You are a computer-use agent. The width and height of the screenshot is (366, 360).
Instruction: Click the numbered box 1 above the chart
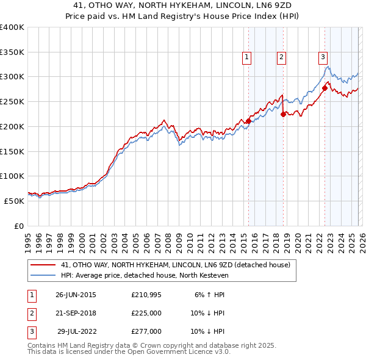tap(247, 57)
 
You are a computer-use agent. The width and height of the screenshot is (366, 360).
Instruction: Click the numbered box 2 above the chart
tap(281, 57)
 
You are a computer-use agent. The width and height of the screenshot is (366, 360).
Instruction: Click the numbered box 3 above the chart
tap(322, 57)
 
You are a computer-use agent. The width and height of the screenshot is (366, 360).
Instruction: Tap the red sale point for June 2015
tap(249, 121)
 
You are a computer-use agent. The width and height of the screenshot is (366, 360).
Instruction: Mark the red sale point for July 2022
tap(325, 88)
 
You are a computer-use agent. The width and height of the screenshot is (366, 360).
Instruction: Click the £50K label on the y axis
tap(14, 201)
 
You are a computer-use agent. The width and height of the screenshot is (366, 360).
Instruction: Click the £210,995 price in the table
tap(146, 295)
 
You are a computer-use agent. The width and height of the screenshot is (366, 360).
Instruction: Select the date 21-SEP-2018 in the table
tap(76, 313)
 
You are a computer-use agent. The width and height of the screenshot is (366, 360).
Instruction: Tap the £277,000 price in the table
tap(146, 332)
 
